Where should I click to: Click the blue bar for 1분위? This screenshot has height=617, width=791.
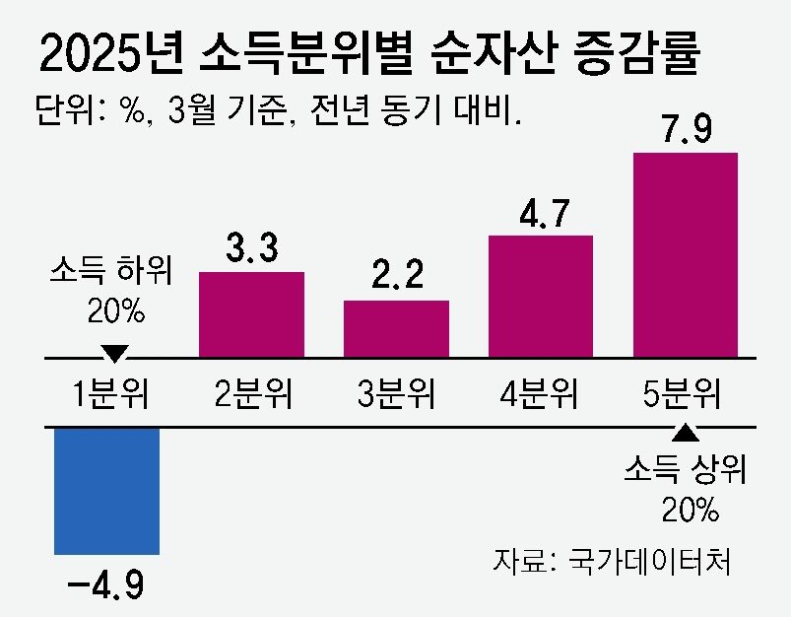point(106,490)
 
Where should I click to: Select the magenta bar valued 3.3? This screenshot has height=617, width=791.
point(251,312)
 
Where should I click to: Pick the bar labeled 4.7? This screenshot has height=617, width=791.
point(540,295)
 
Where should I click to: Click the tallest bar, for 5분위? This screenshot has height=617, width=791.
point(686,253)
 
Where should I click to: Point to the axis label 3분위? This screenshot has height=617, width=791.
point(397,394)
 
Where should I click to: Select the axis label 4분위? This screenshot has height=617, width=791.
point(539,394)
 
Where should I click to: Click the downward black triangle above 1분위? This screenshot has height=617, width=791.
point(115,352)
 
